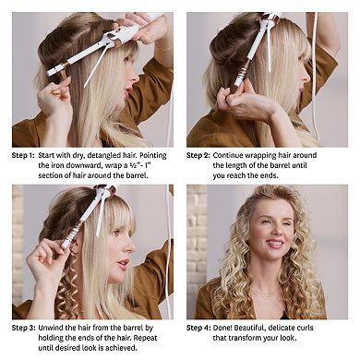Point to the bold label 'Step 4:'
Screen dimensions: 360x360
click(x=199, y=329)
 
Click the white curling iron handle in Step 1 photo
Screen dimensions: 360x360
click(x=119, y=37)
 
